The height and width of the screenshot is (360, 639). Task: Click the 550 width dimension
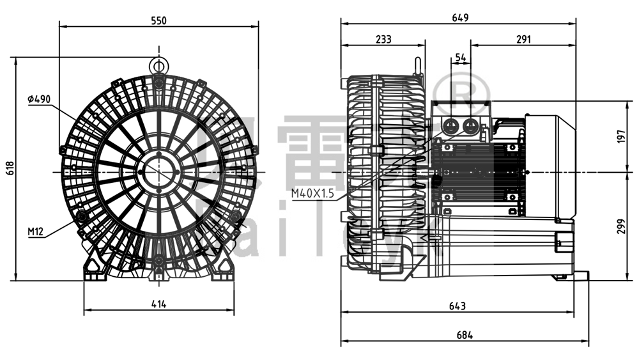click(158, 20)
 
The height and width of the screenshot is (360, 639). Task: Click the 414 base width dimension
click(158, 305)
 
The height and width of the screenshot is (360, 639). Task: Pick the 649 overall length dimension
click(460, 17)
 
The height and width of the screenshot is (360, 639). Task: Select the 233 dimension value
click(383, 40)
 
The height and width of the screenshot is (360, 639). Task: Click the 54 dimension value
click(460, 58)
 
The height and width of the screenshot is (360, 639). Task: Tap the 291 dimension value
click(523, 40)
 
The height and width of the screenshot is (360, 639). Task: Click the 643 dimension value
click(456, 306)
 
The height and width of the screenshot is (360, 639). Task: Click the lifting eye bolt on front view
click(158, 64)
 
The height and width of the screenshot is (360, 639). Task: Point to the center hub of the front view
click(158, 172)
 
